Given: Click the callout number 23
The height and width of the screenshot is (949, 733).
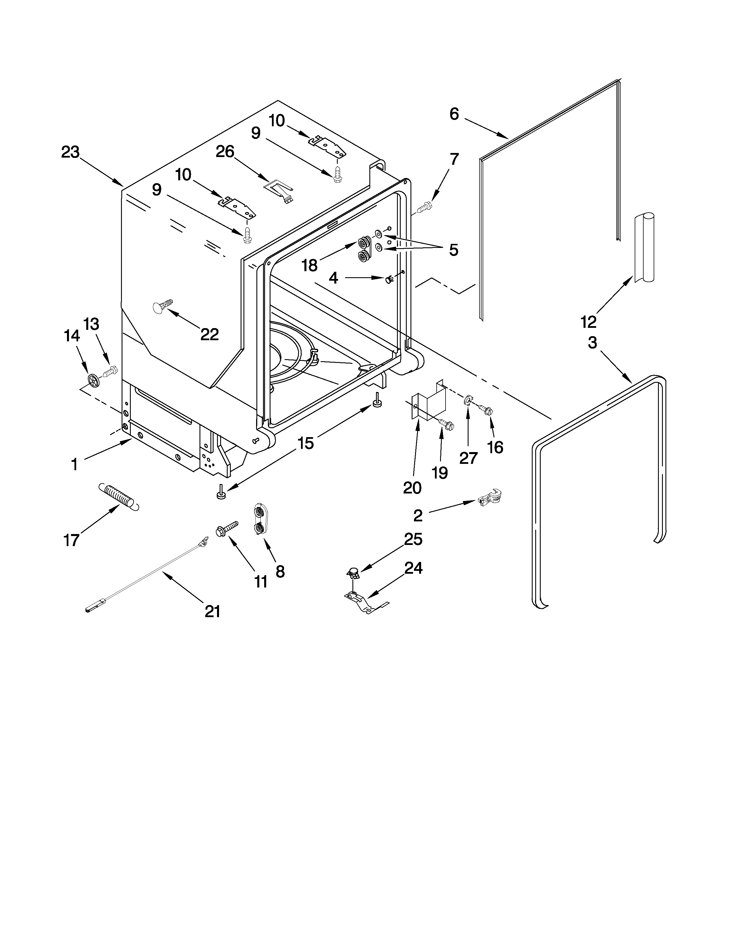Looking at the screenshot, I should [x=70, y=152].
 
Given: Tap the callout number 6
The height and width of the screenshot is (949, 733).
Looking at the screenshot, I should [x=454, y=114].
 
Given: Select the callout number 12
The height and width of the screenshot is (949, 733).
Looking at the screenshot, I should [x=588, y=322].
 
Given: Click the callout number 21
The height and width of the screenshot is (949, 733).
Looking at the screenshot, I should [x=212, y=612].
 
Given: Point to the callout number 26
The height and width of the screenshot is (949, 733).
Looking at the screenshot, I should [x=225, y=152].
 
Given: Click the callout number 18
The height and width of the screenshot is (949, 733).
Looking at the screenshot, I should [x=309, y=265].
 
